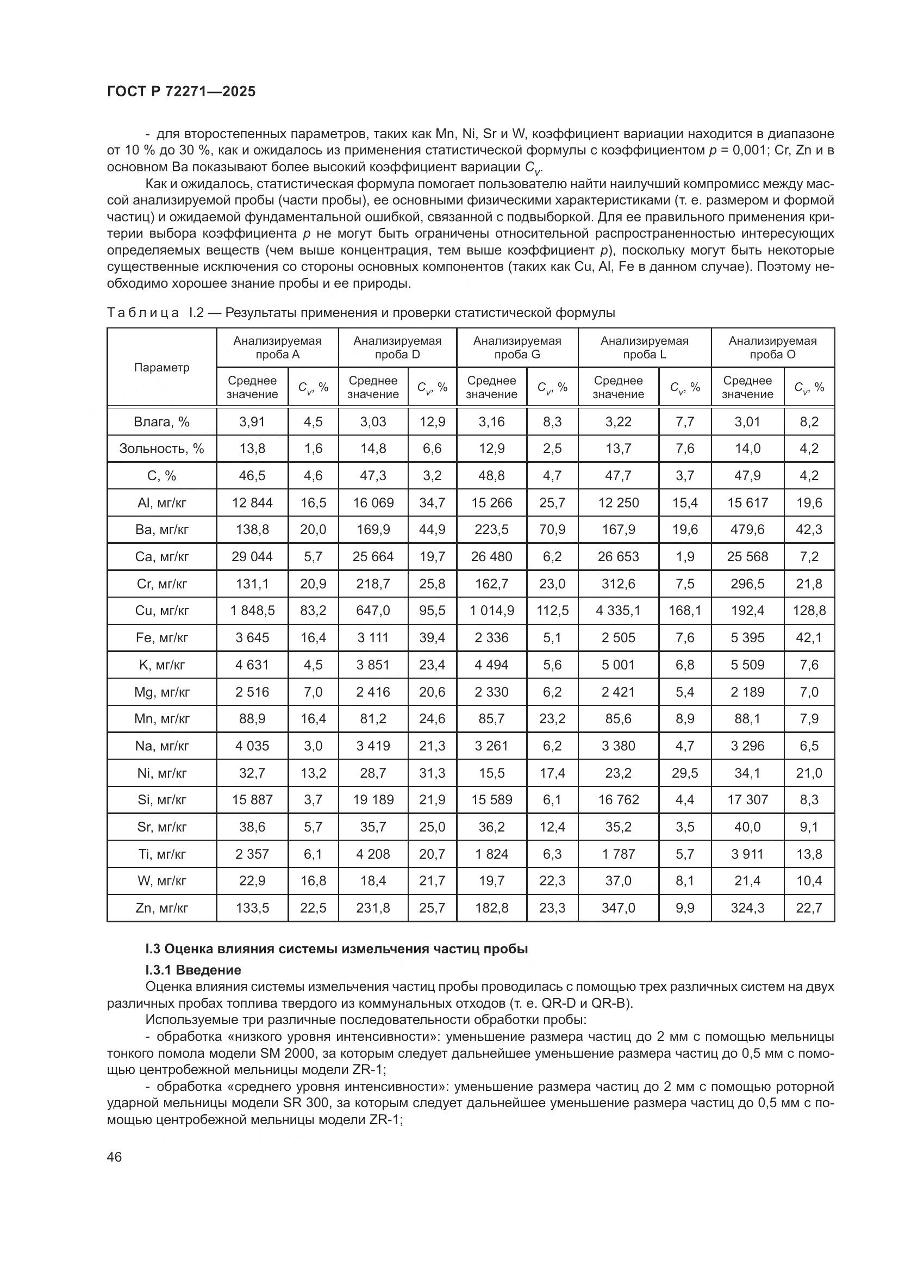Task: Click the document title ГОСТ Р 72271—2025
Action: pyautogui.click(x=181, y=92)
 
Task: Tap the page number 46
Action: pyautogui.click(x=115, y=1157)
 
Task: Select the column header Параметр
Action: pyautogui.click(x=161, y=367)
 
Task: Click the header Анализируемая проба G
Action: pyautogui.click(x=517, y=348)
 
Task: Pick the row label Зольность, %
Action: pyautogui.click(x=161, y=448)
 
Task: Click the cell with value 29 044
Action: pyautogui.click(x=252, y=556)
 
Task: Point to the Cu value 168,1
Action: pyautogui.click(x=685, y=611)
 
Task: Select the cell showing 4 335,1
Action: pyautogui.click(x=618, y=611)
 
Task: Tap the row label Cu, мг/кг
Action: pyautogui.click(x=161, y=611)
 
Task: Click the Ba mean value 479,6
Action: pyautogui.click(x=747, y=530)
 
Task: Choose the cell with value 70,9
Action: pyautogui.click(x=552, y=530)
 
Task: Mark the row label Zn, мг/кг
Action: pyautogui.click(x=161, y=908)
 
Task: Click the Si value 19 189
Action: pyautogui.click(x=372, y=800)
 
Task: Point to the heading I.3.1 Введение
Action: pyautogui.click(x=193, y=970)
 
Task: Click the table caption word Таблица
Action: pyautogui.click(x=142, y=313)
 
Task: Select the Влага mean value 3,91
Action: pyautogui.click(x=252, y=421)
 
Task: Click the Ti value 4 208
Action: pyautogui.click(x=372, y=854)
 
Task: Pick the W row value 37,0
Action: pyautogui.click(x=618, y=881)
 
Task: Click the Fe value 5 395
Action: pyautogui.click(x=747, y=638)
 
